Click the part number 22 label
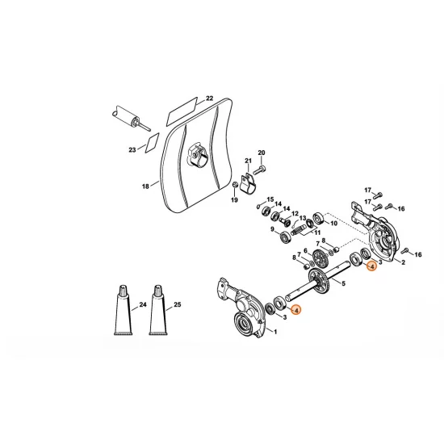tap(209, 98)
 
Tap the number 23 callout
tap(132, 149)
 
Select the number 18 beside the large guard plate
tap(145, 186)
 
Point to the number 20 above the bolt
tap(261, 153)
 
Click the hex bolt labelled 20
tap(262, 170)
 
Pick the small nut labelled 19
tap(234, 186)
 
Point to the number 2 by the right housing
tap(403, 263)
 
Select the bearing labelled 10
tap(319, 218)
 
